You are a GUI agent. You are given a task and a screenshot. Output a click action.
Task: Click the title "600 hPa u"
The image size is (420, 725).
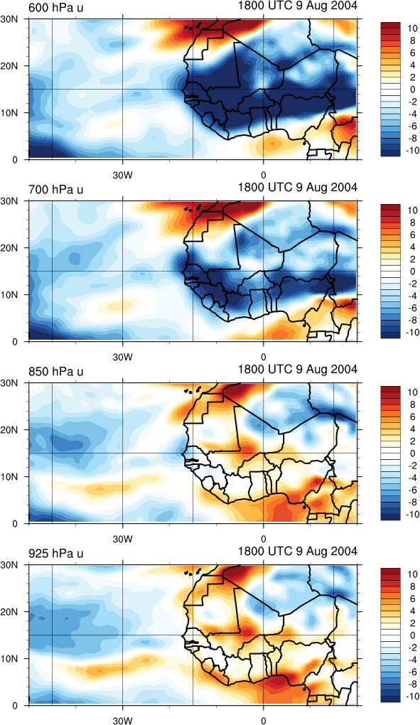[x=56, y=8]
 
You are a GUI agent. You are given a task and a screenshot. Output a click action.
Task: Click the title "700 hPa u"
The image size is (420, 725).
[x=56, y=190]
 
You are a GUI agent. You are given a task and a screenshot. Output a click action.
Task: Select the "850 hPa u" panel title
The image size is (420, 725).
[x=56, y=372]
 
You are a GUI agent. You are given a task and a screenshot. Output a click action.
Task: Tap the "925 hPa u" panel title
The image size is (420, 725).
[x=56, y=554]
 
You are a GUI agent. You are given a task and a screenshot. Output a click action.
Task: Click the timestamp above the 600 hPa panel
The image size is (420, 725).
[x=298, y=5]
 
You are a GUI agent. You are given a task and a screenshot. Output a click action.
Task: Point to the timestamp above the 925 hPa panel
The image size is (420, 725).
[x=298, y=551]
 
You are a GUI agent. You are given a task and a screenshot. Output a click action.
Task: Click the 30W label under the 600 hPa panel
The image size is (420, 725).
[x=122, y=176]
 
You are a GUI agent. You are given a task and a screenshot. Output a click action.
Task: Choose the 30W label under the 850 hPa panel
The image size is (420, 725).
[x=122, y=539]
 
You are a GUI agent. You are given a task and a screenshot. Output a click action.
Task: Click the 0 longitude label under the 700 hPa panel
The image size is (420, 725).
[x=264, y=358]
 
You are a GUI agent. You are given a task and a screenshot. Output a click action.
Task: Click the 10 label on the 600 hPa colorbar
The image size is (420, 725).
[x=411, y=28]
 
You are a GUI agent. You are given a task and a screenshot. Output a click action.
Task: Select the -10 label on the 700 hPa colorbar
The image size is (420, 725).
[x=410, y=333]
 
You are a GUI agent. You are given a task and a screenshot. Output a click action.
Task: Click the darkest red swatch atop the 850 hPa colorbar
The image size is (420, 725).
[x=389, y=390]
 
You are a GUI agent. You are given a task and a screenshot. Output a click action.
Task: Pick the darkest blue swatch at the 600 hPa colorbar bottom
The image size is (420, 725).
[x=389, y=153]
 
